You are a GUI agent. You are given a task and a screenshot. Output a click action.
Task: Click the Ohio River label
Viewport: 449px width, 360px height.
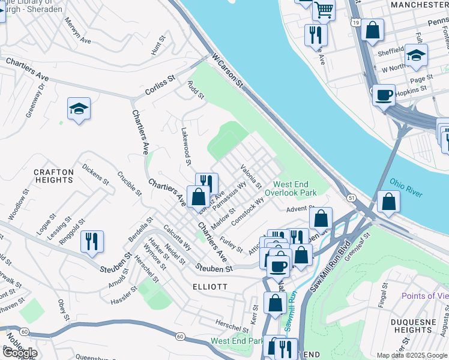point(406,187)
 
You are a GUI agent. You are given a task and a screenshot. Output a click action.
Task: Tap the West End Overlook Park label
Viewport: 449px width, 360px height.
point(295,189)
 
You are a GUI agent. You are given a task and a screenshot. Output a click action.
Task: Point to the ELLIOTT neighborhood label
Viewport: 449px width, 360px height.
point(210,287)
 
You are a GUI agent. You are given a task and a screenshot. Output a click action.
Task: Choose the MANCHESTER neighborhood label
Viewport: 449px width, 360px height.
point(419,5)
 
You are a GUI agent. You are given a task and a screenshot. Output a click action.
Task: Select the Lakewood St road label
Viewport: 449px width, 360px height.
point(186,146)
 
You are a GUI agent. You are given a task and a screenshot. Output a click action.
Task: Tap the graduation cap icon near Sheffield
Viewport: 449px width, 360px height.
point(416,56)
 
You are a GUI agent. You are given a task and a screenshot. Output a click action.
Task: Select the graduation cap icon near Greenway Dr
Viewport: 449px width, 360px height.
point(79,109)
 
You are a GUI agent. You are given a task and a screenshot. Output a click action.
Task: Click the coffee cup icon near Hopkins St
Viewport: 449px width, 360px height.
point(384,94)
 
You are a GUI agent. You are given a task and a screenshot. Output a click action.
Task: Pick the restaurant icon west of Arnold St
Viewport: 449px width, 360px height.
point(92,241)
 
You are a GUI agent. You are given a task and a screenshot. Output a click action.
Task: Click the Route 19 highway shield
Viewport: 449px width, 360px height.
point(357,22)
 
